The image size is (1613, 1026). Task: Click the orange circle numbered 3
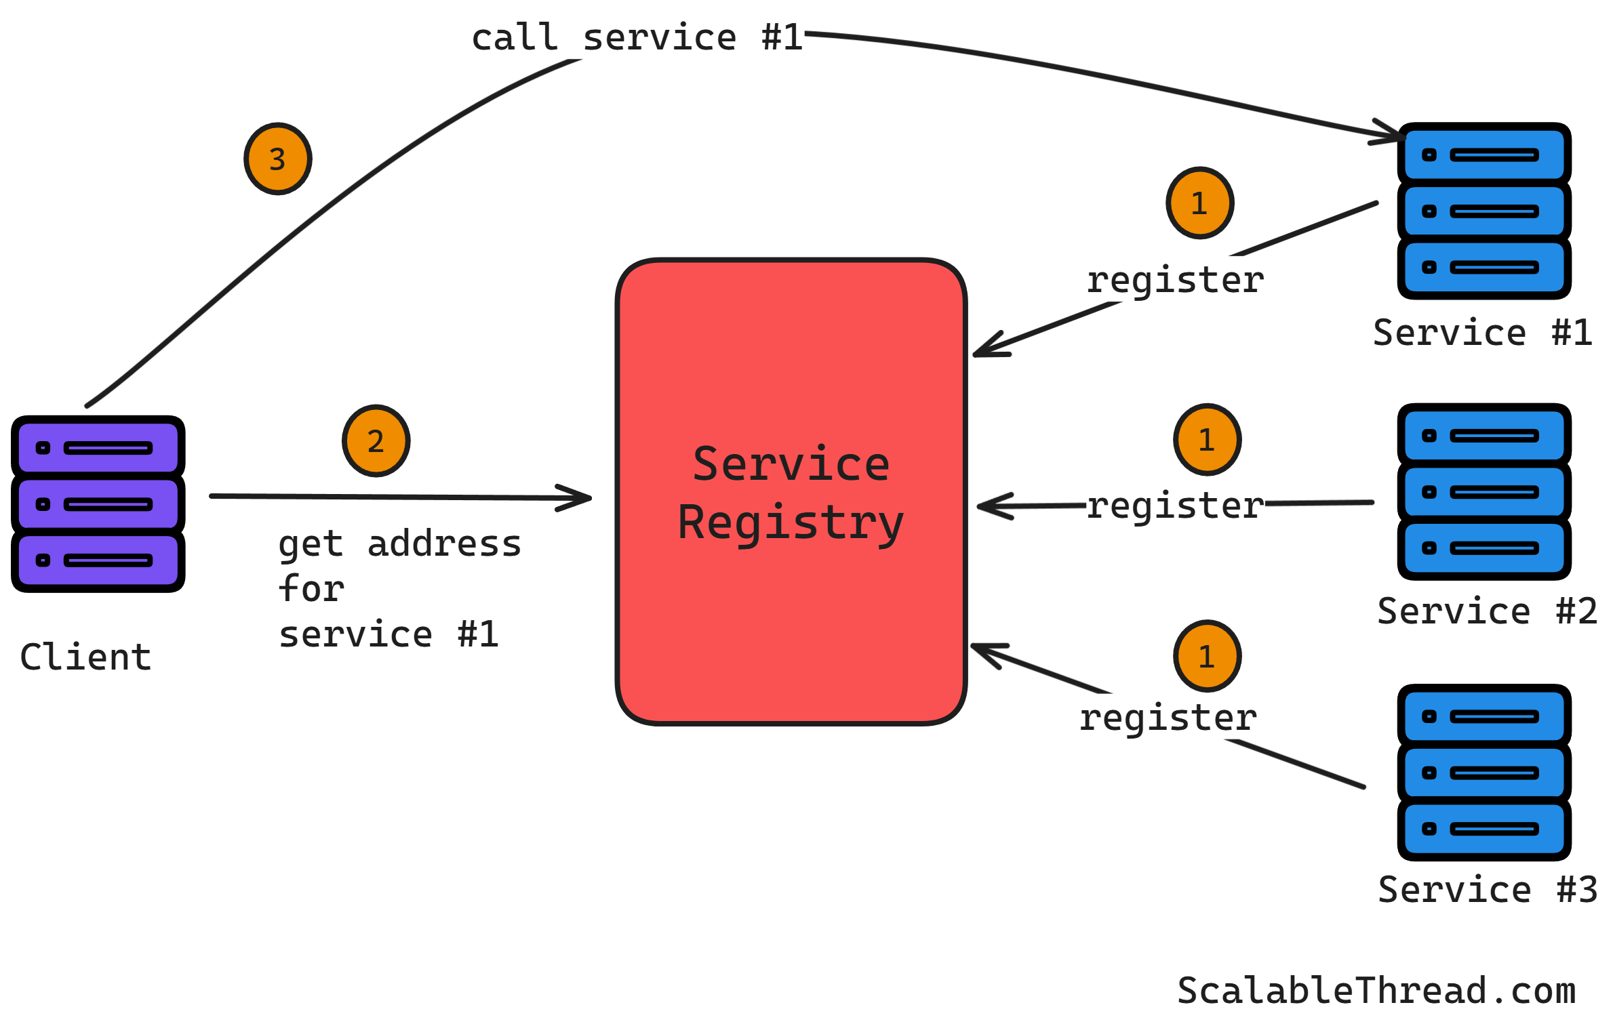[277, 159]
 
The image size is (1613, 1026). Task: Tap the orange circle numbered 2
[376, 441]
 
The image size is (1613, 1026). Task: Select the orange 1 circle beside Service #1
[1199, 203]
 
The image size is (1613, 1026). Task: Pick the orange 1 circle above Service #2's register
[1207, 440]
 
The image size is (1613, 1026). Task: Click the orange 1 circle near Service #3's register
[1207, 656]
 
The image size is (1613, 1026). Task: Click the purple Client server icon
[98, 504]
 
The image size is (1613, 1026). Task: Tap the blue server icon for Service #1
[1483, 211]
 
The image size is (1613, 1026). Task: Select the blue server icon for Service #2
[1483, 492]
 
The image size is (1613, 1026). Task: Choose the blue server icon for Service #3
[1483, 773]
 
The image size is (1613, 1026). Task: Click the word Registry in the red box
[791, 523]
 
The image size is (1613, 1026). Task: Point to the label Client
[85, 657]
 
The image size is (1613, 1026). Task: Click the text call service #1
[637, 38]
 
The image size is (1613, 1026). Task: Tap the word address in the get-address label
[444, 544]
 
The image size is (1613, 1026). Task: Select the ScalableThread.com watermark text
[1376, 991]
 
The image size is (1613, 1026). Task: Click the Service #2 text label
[1487, 611]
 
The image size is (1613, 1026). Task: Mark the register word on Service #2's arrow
[1175, 506]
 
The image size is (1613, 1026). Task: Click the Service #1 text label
[1482, 333]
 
